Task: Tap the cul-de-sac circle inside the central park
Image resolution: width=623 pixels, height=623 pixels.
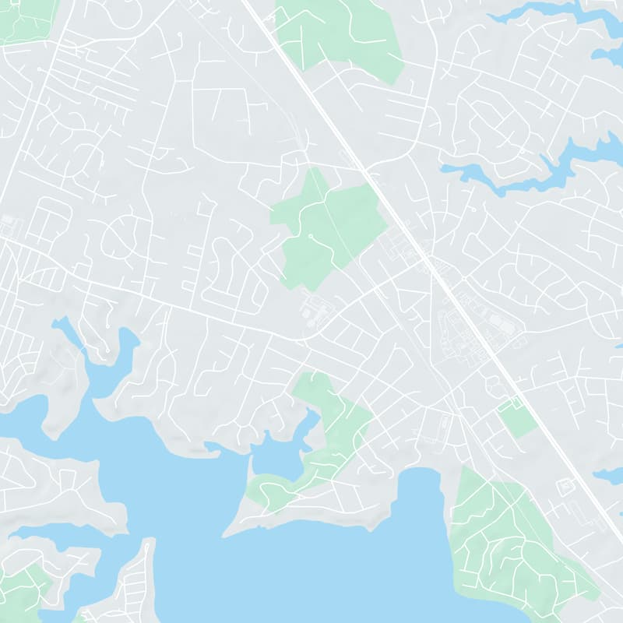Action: click(310, 234)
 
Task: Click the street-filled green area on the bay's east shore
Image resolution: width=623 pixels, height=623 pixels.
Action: click(506, 537)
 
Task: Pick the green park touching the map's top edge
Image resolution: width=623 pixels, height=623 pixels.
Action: click(343, 35)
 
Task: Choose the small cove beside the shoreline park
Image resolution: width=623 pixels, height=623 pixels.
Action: click(276, 459)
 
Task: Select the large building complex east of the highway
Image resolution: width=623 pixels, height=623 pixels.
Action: click(467, 327)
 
